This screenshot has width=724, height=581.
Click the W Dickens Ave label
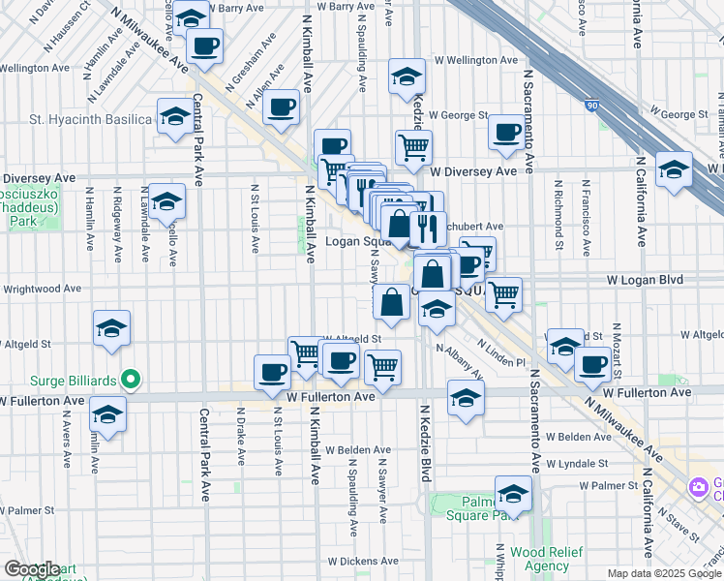[x=358, y=561]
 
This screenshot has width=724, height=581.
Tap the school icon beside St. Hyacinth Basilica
[x=174, y=118]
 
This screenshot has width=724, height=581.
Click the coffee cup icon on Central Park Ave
[x=205, y=46]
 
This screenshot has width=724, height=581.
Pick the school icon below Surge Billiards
[x=107, y=416]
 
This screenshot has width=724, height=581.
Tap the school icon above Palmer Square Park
[x=513, y=493]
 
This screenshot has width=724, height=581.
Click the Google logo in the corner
[x=32, y=569]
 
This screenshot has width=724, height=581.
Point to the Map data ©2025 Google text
[x=663, y=573]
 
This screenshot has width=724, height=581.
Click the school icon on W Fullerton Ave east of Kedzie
[x=466, y=398]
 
